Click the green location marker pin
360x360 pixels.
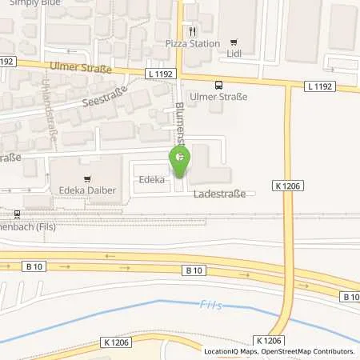coord(179,162)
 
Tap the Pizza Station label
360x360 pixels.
coord(192,43)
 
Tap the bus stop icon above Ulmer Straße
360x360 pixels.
coord(218,83)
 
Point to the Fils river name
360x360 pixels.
coord(208,304)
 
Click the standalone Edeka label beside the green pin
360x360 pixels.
coord(151,180)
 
